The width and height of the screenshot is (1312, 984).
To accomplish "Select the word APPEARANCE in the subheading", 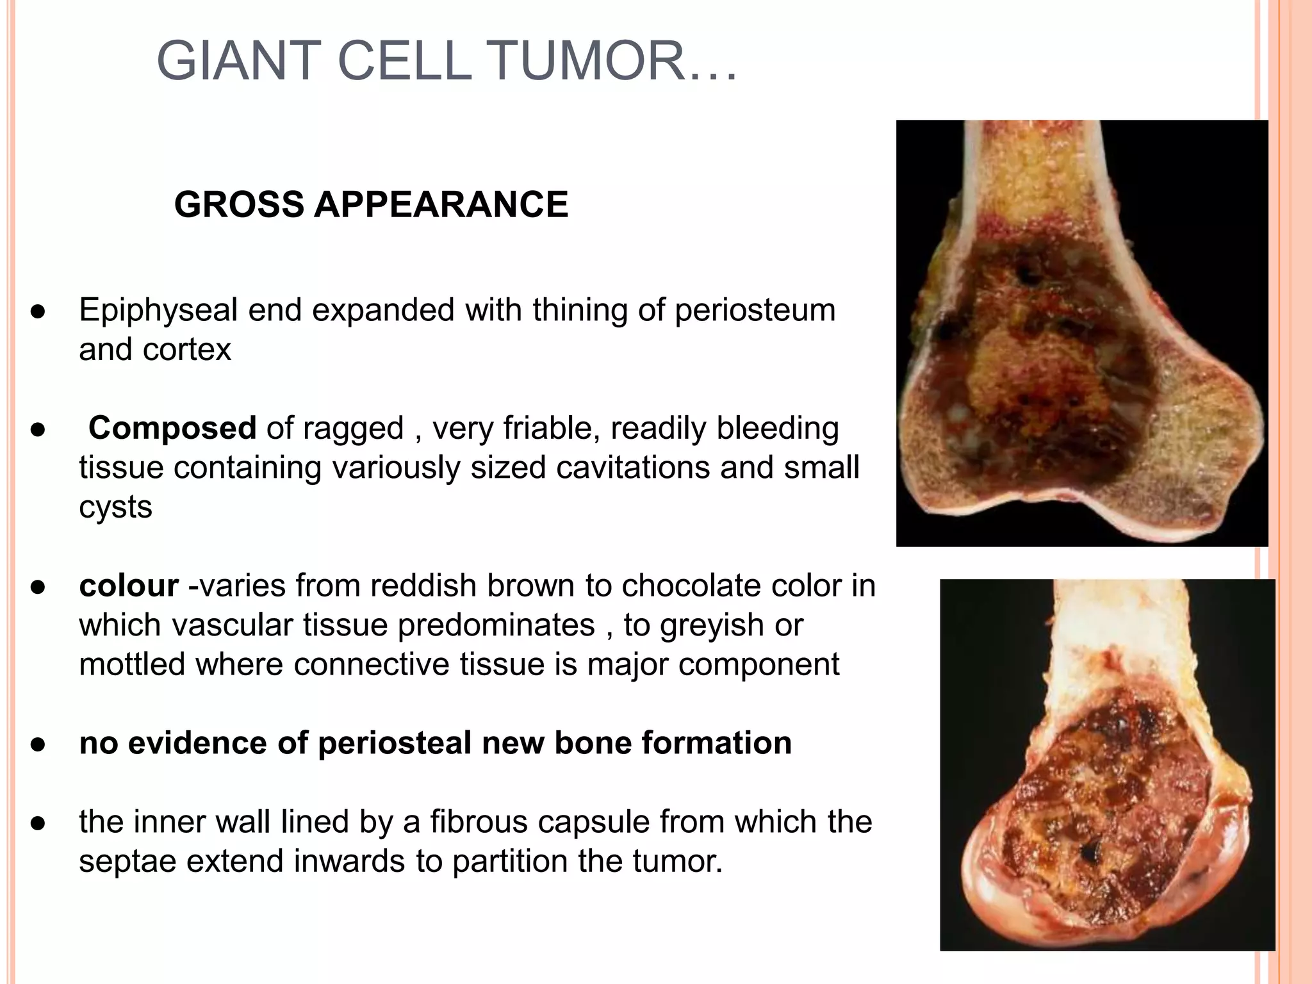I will point(441,204).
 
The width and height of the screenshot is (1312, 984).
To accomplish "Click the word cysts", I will point(115,507).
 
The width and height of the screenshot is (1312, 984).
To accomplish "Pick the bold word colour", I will point(128,586).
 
